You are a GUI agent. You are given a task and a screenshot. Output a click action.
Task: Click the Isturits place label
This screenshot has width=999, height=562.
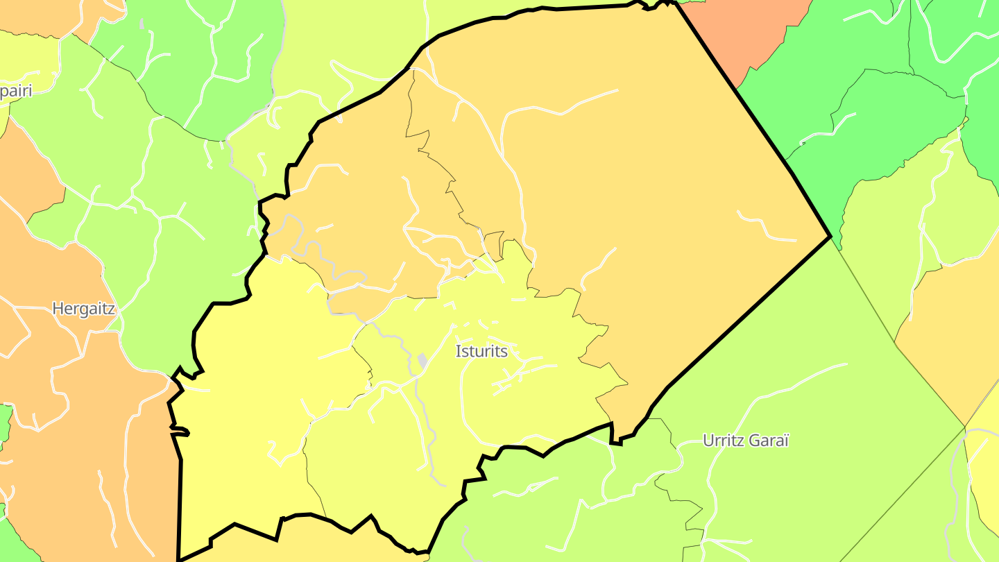coord(481,351)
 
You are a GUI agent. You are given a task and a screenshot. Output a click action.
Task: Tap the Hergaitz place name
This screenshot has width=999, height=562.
coord(83,309)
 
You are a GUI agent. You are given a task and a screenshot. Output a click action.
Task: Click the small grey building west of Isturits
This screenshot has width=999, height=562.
coord(422,361)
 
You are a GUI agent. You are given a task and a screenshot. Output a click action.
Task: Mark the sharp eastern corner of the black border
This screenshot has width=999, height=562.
coord(830,237)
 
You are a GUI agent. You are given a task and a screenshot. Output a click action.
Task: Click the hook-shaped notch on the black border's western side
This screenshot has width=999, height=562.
coord(182,433)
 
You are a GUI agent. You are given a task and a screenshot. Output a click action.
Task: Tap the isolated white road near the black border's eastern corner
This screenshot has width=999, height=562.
coord(767,228)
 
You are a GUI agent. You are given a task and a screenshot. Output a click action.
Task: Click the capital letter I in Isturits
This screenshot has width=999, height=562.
coord(458,351)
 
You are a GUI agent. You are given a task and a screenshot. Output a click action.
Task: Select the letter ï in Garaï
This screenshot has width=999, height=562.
coord(786,441)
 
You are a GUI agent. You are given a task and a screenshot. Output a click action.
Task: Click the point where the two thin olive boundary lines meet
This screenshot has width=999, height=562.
coord(965,427)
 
